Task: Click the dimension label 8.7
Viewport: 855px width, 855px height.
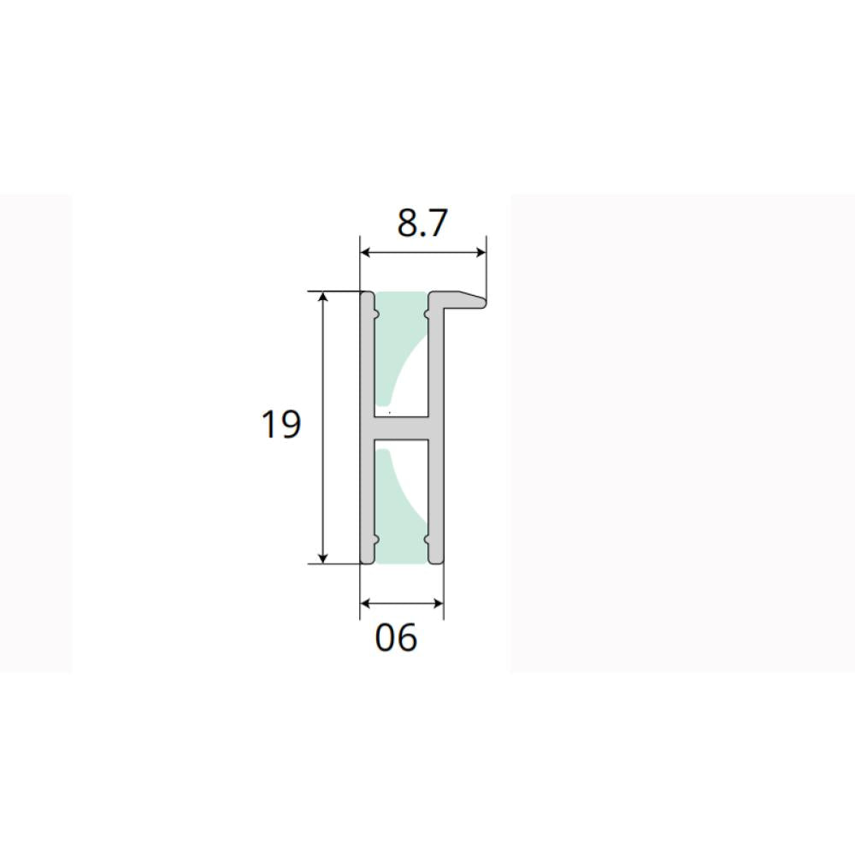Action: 422,223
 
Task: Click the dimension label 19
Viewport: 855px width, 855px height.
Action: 280,424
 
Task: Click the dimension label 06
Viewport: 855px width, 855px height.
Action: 396,637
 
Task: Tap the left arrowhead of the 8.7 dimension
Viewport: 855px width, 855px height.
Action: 366,252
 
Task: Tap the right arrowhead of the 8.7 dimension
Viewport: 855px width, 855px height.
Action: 481,252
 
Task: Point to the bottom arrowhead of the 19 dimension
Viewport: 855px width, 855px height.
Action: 323,557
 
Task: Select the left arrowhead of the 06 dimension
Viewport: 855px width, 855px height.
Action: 366,603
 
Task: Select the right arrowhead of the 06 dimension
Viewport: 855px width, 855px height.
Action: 438,603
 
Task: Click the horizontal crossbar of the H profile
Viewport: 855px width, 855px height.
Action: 401,428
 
